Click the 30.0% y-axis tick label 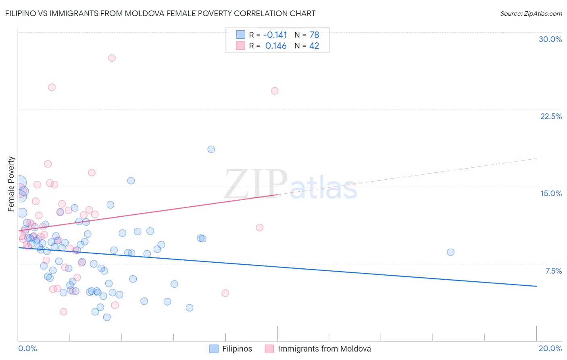tap(550, 39)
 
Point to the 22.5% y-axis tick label tap(551, 116)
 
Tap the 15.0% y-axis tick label tap(551, 193)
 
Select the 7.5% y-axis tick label tap(553, 271)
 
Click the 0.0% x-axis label tap(27, 348)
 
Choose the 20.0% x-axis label tap(550, 348)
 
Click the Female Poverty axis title tap(11, 184)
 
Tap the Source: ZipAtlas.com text tap(531, 14)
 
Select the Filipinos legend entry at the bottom tap(237, 349)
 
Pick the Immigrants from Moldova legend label tap(324, 349)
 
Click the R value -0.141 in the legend tap(276, 35)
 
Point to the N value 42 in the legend tap(314, 46)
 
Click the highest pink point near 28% tap(112, 58)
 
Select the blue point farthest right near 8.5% tap(450, 252)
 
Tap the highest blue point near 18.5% tap(211, 149)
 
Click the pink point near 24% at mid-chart tap(275, 91)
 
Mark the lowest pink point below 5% tap(63, 312)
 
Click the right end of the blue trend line tap(536, 286)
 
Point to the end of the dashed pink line tap(536, 158)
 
